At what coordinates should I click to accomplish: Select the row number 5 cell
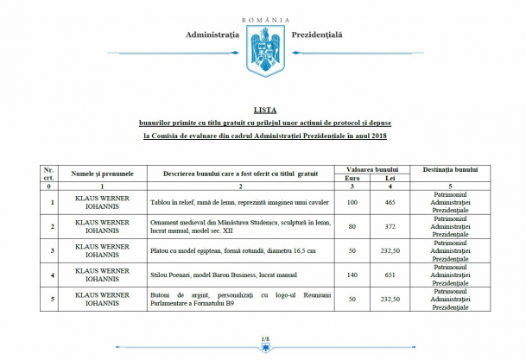point(53,299)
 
